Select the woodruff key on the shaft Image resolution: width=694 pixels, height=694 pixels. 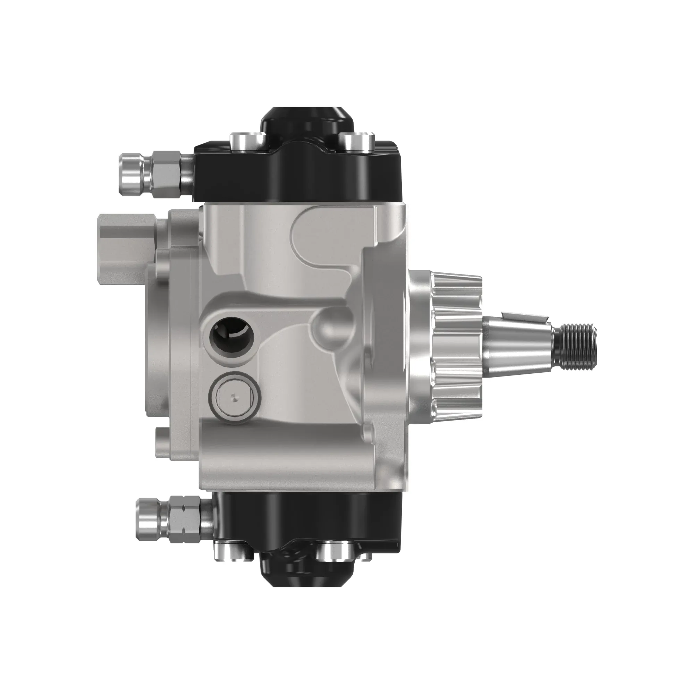(524, 316)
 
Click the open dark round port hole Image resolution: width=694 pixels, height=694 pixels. (231, 333)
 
